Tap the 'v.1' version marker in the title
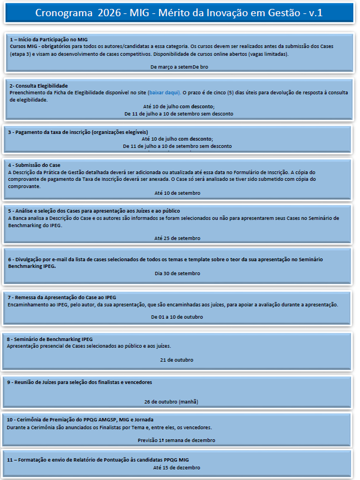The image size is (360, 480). [x=316, y=12]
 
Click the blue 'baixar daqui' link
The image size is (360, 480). [x=166, y=93]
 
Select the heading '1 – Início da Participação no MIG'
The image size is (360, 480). [x=49, y=40]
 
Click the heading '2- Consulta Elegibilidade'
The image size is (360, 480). [x=39, y=85]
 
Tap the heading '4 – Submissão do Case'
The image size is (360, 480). [x=35, y=165]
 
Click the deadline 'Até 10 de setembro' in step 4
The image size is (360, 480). [x=177, y=193]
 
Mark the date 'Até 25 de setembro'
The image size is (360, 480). [x=177, y=238]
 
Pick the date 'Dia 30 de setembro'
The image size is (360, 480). [x=177, y=273]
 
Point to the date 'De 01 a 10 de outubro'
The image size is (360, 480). [x=177, y=317]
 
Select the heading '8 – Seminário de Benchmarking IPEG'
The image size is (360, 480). [x=50, y=339]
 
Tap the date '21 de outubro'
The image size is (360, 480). [x=177, y=360]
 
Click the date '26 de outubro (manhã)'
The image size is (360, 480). [x=171, y=402]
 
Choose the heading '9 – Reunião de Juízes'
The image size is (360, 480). [x=79, y=382]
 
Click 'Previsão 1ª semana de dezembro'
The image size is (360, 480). [x=176, y=440]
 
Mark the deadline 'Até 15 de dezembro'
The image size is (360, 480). [x=176, y=468]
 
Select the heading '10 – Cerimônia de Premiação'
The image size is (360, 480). [x=80, y=419]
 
